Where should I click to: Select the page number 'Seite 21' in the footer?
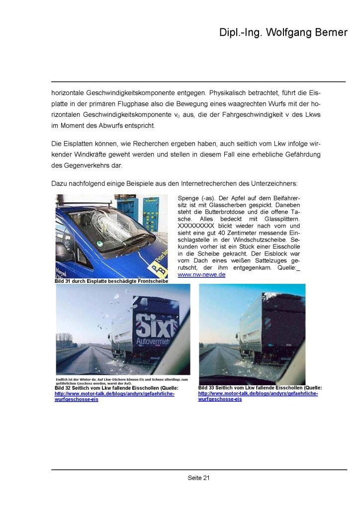(x=199, y=478)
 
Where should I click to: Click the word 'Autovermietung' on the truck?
(x=158, y=343)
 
